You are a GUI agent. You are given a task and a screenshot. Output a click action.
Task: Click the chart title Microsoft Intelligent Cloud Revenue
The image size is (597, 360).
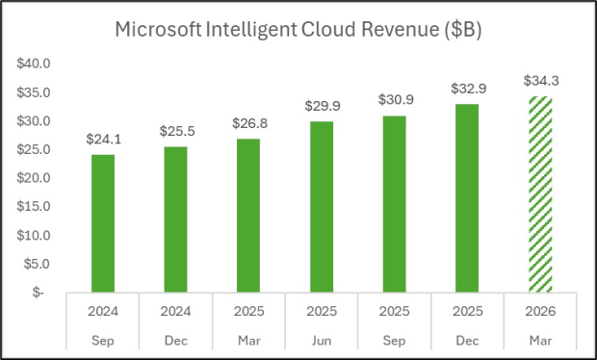pos(298,29)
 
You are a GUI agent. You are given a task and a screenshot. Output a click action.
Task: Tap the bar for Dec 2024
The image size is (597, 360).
pos(175,219)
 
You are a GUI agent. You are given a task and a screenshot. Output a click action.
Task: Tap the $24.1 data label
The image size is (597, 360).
pos(103,140)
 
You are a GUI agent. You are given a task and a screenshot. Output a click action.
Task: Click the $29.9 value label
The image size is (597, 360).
pos(321,106)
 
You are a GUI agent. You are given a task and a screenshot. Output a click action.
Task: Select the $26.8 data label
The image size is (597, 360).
pos(248,124)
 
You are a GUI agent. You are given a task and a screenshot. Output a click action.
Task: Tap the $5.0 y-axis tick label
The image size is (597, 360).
pos(36,264)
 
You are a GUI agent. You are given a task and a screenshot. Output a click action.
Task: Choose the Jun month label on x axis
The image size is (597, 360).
pos(321,341)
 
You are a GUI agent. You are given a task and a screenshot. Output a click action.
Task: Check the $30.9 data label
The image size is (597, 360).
pos(394,100)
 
